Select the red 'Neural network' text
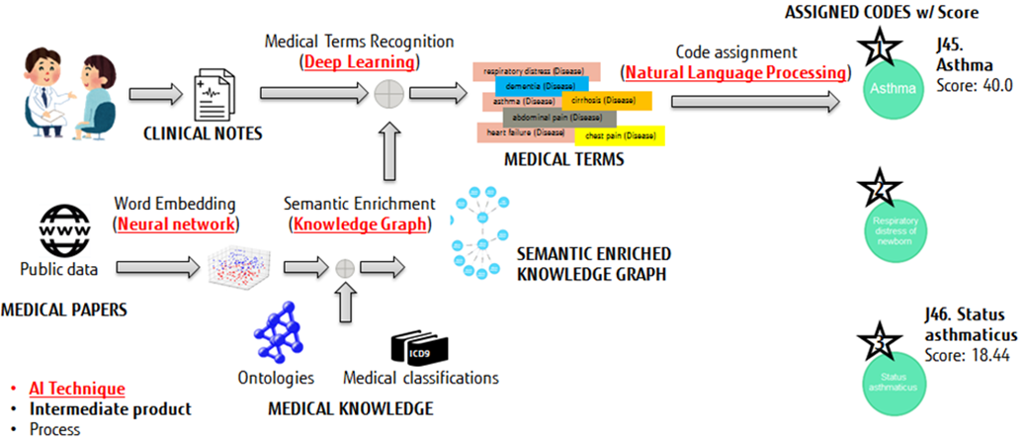pyautogui.click(x=176, y=223)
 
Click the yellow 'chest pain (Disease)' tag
pyautogui.click(x=619, y=135)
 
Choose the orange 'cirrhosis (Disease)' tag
pyautogui.click(x=606, y=101)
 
